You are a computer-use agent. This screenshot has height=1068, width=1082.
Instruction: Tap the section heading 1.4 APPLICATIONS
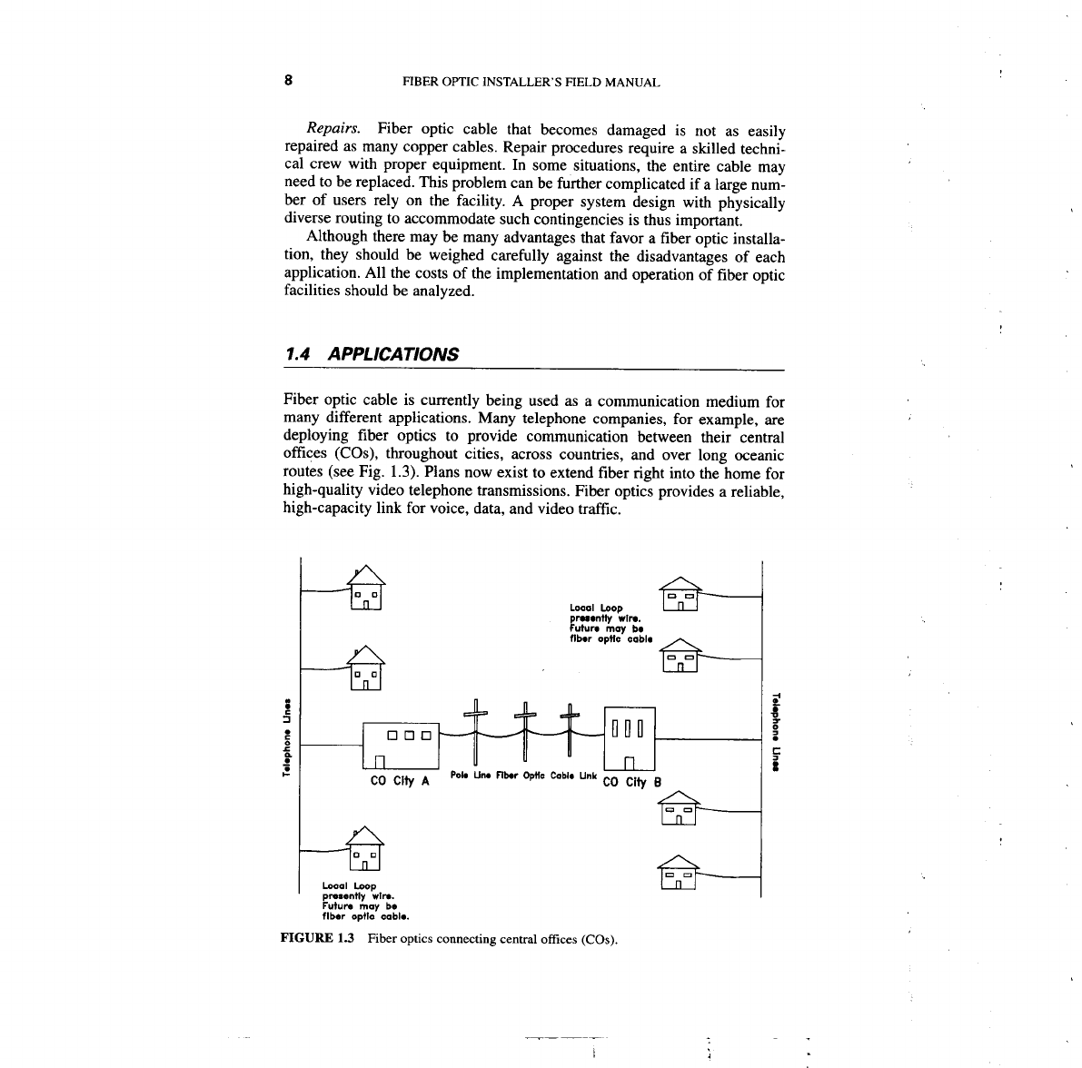coord(372,354)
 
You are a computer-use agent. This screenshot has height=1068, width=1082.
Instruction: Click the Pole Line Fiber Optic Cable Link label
coord(524,776)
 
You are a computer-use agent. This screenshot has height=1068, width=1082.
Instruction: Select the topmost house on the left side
coord(365,588)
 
